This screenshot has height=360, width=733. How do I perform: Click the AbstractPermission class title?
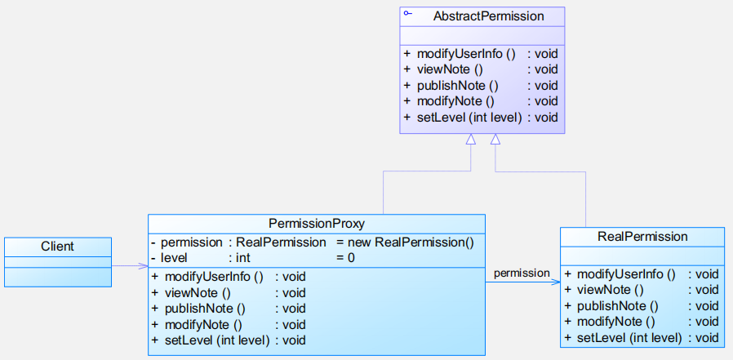(x=488, y=16)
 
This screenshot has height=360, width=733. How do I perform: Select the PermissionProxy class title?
(x=317, y=224)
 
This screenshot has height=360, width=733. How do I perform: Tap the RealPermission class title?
(x=642, y=237)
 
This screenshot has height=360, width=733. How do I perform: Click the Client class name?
(x=57, y=246)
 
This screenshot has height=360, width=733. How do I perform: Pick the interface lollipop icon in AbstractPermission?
(x=407, y=13)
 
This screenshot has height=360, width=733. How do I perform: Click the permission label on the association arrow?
(x=522, y=273)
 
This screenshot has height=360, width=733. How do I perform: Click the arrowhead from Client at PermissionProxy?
(x=143, y=266)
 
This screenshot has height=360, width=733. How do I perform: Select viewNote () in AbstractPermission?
(x=449, y=69)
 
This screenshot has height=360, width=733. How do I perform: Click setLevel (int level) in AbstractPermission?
(x=469, y=118)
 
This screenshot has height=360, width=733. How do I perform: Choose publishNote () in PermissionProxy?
(x=205, y=309)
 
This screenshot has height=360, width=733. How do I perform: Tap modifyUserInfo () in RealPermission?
(x=626, y=274)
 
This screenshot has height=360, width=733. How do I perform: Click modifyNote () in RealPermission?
(x=615, y=322)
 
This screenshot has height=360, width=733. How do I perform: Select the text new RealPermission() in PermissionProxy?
(x=424, y=242)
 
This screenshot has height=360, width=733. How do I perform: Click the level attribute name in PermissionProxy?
(x=174, y=258)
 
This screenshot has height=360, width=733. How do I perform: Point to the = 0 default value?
(x=345, y=258)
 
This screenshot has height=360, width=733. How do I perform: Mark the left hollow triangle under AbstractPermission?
(x=471, y=139)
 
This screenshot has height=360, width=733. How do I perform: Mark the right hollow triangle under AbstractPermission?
(x=495, y=139)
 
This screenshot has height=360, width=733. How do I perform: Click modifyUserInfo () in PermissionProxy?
(x=214, y=277)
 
